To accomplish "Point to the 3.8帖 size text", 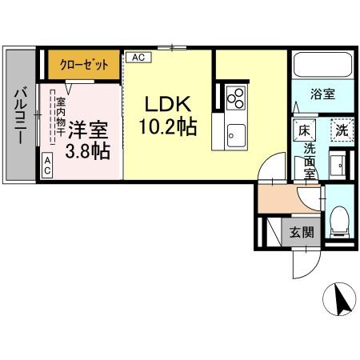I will coord(88,150).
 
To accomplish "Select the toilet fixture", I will coord(338,217).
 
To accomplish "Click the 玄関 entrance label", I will coord(301,233).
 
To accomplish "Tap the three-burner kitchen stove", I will coord(235,98).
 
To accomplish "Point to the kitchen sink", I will coord(235,132).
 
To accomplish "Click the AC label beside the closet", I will coord(138,58).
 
